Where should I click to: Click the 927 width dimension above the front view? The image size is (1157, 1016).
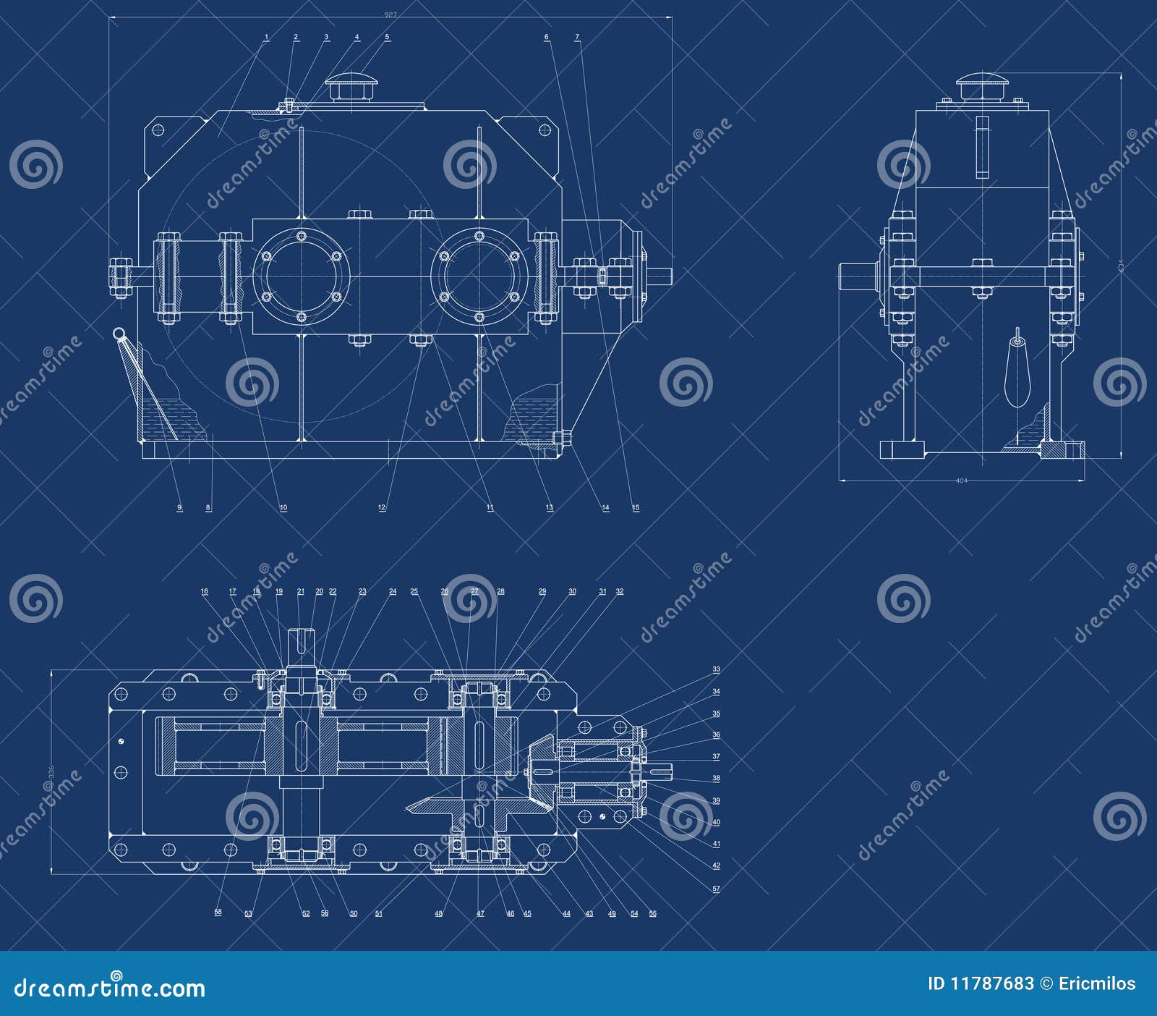tap(391, 14)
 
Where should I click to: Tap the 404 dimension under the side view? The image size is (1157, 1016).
tap(961, 481)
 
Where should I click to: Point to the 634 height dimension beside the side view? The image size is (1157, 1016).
tap(1122, 266)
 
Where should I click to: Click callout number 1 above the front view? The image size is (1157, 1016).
tap(267, 36)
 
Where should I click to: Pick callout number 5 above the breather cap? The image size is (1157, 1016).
tap(387, 36)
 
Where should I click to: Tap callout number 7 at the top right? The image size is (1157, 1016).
tap(577, 36)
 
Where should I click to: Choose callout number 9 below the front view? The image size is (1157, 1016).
tap(179, 507)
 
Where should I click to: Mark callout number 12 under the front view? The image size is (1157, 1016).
tap(382, 507)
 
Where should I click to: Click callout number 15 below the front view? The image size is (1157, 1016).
tap(636, 507)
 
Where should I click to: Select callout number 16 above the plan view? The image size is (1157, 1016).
tap(205, 591)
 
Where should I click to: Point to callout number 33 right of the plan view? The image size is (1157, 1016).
tap(716, 669)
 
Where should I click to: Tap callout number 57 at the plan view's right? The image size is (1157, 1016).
tap(716, 888)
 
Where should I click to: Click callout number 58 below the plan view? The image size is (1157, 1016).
tap(218, 912)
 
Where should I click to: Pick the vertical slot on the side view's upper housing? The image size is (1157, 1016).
tap(981, 147)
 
